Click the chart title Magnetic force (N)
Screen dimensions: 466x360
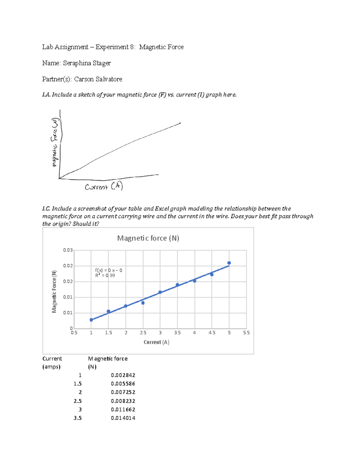click(148, 238)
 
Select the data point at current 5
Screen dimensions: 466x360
click(229, 263)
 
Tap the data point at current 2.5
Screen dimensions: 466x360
click(143, 303)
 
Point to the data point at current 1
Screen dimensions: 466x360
click(91, 320)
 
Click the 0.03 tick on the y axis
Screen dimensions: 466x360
click(68, 250)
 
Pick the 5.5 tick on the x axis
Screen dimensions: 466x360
click(246, 333)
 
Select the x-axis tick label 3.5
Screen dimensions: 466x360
click(177, 333)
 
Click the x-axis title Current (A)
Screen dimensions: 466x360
click(156, 342)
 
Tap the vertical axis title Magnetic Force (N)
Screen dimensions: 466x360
click(54, 291)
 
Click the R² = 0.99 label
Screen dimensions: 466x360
click(105, 275)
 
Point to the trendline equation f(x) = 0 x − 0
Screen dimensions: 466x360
click(109, 270)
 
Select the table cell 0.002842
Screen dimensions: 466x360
click(123, 375)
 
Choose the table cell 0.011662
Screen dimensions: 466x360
click(123, 409)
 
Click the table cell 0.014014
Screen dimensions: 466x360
click(123, 418)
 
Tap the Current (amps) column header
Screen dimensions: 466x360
click(52, 362)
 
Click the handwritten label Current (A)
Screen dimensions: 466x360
click(104, 187)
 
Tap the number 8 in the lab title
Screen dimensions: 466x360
click(132, 47)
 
